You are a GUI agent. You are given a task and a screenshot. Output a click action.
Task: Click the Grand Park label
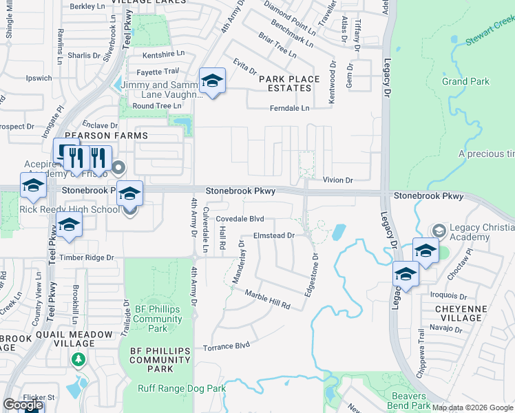465,81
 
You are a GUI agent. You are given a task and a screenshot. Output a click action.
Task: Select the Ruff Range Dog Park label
182,389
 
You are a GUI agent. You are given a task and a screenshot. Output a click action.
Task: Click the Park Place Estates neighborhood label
289,83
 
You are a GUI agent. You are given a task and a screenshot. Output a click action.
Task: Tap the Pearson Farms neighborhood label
116,136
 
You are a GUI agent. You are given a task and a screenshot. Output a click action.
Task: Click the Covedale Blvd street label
240,218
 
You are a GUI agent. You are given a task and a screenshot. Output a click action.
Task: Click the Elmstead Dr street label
274,235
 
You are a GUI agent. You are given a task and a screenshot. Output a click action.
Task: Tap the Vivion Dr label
338,180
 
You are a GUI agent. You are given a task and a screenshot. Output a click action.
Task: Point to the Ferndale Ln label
288,108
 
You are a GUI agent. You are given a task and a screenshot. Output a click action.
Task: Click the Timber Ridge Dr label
85,257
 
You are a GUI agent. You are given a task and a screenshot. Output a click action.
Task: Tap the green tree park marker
78,359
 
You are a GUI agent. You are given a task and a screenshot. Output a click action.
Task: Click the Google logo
23,405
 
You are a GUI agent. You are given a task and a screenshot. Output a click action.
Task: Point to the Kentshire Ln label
163,54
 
